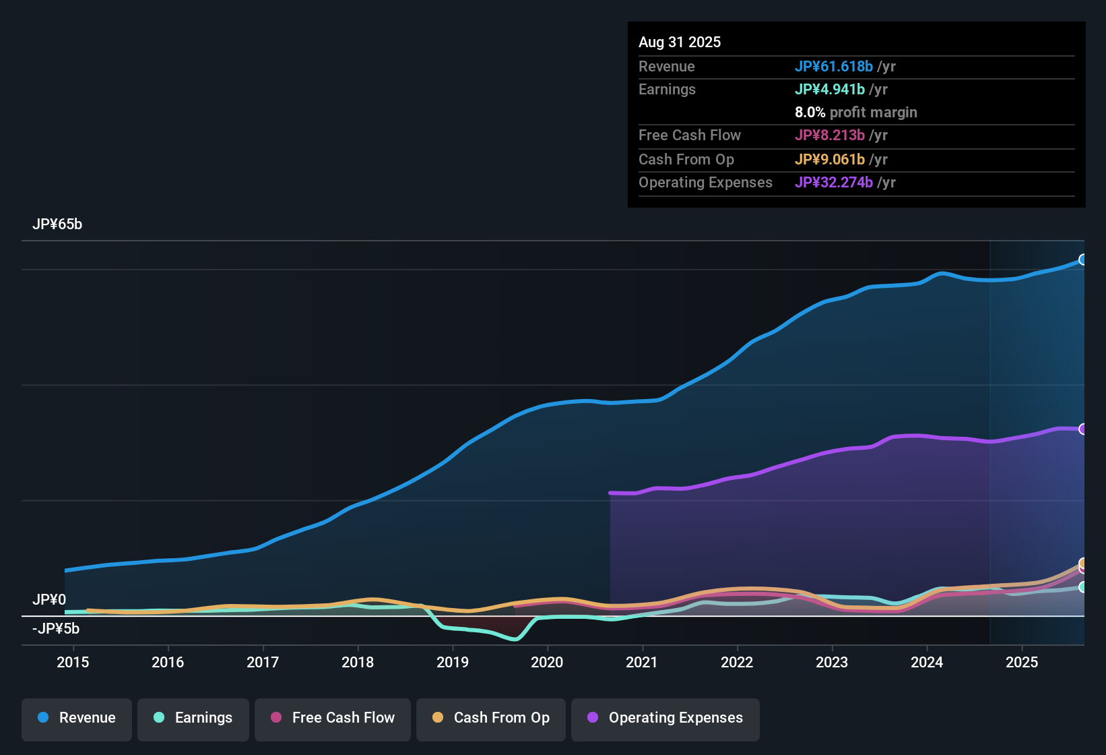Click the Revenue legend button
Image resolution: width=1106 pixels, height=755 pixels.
(77, 718)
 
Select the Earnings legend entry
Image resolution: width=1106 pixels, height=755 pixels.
(193, 718)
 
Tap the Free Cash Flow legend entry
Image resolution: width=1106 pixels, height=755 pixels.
(333, 718)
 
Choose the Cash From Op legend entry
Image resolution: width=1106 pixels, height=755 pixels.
(491, 718)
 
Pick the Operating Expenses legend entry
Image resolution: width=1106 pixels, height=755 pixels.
(665, 718)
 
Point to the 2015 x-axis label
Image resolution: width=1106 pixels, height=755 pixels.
(73, 662)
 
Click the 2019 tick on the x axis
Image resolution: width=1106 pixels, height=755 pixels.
(453, 662)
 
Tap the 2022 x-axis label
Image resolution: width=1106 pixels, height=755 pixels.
(737, 662)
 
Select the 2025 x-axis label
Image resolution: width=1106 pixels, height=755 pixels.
(1022, 662)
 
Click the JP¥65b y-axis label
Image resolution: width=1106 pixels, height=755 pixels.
(57, 224)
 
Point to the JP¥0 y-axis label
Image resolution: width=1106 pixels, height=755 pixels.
(49, 599)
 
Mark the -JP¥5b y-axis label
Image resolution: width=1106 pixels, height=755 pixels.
(56, 629)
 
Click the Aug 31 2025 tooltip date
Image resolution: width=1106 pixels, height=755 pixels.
(680, 42)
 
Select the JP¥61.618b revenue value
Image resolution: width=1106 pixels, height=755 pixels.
(834, 67)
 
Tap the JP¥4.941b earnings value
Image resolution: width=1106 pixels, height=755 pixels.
(830, 90)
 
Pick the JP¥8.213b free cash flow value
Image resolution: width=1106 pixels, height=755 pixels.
(830, 135)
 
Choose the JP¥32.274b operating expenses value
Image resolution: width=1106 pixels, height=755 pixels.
(834, 183)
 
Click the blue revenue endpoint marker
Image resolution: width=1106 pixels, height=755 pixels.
(1082, 260)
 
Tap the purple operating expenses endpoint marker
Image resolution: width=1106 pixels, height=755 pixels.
(1082, 429)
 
